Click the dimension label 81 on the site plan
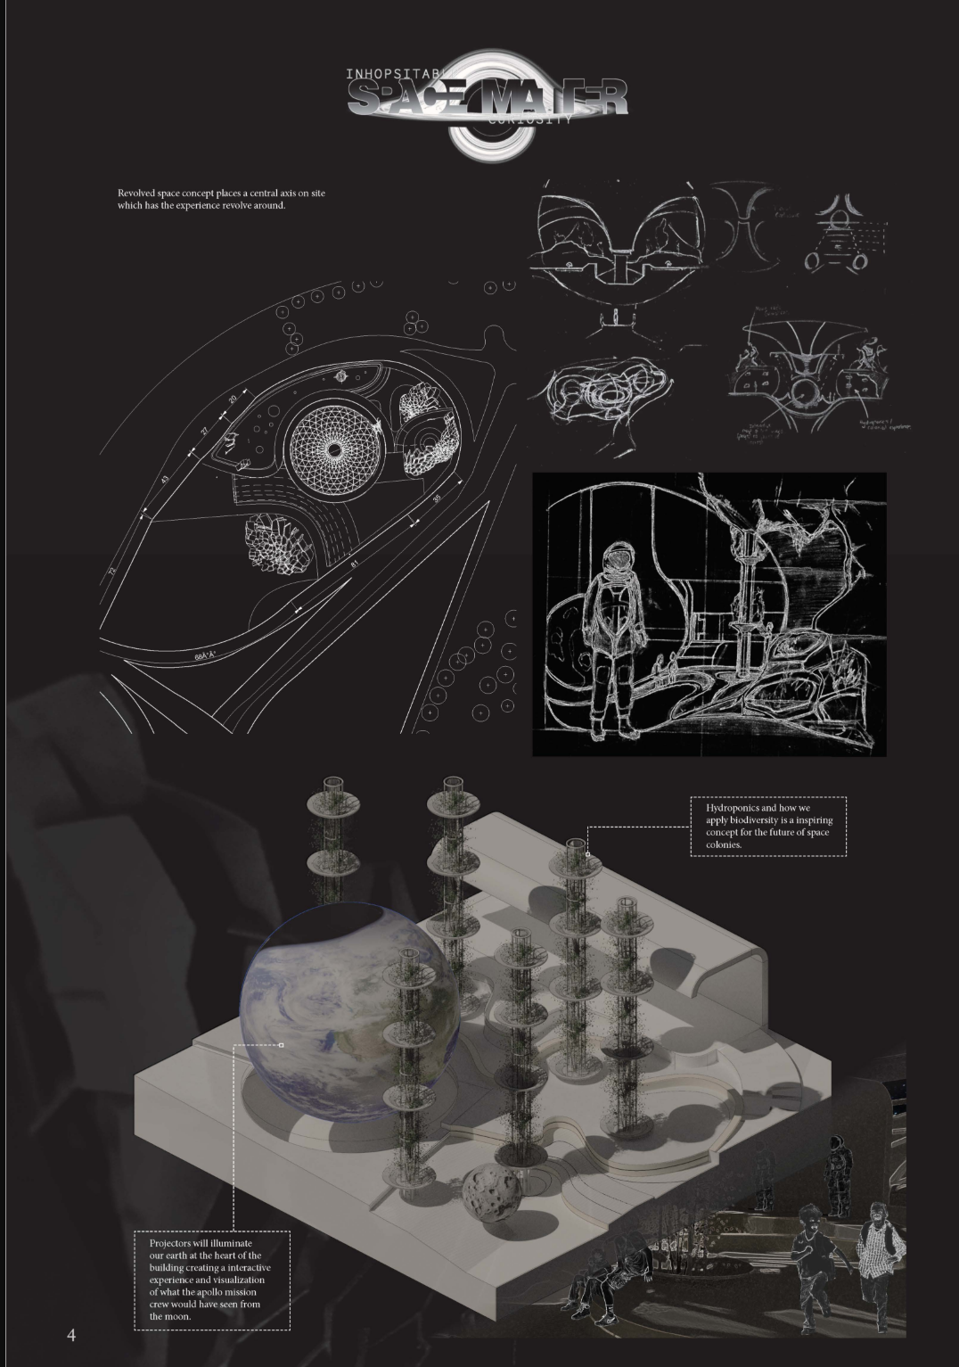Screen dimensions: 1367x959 click(354, 564)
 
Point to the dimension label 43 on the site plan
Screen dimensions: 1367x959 click(165, 479)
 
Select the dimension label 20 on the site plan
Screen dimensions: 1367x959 click(233, 399)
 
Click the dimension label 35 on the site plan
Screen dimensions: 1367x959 click(437, 498)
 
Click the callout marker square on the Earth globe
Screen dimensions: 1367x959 click(282, 1044)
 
